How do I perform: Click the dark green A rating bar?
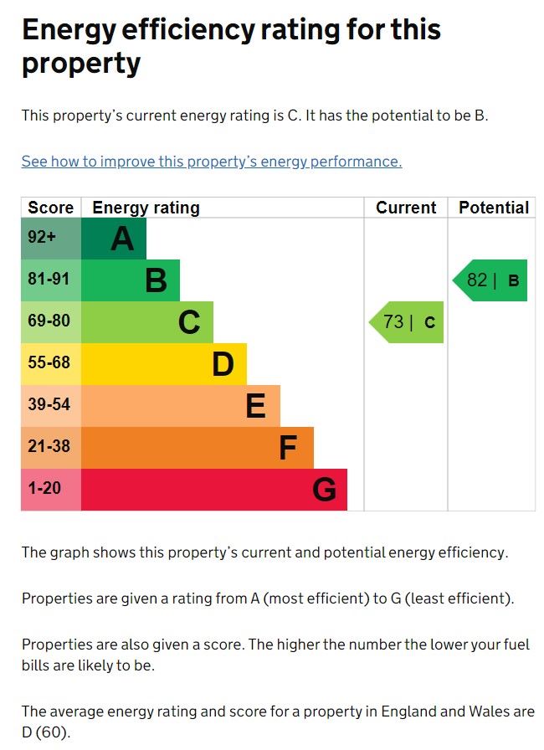tap(114, 239)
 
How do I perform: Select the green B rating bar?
tap(131, 280)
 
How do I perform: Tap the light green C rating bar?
tap(147, 322)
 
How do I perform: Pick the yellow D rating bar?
tap(164, 364)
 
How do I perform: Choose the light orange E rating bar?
tap(181, 406)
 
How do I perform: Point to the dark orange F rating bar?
tap(198, 448)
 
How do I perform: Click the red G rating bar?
tap(214, 490)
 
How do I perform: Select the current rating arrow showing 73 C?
tap(408, 322)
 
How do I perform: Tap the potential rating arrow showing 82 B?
tap(491, 280)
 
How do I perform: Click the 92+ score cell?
tap(50, 239)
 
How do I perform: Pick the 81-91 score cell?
tap(50, 280)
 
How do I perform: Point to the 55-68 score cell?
tap(50, 364)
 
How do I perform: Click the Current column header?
tap(406, 208)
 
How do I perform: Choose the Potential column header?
tap(494, 208)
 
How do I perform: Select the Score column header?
tap(50, 208)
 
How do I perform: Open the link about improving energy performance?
tap(212, 162)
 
